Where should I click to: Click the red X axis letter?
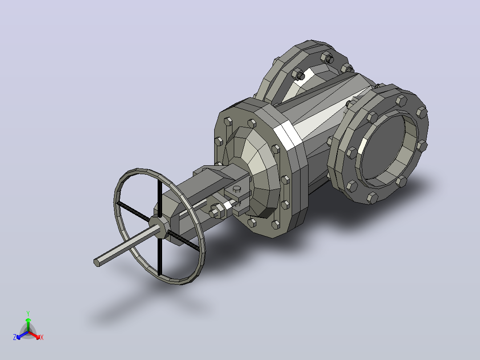[x=42, y=337]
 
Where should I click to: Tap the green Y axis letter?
[x=28, y=313]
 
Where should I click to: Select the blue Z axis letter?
[x=15, y=337]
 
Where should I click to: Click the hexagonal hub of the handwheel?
[x=159, y=226]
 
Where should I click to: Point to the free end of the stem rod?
[x=97, y=262]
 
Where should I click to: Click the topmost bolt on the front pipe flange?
[x=401, y=100]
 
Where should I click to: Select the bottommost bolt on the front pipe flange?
[x=372, y=198]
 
